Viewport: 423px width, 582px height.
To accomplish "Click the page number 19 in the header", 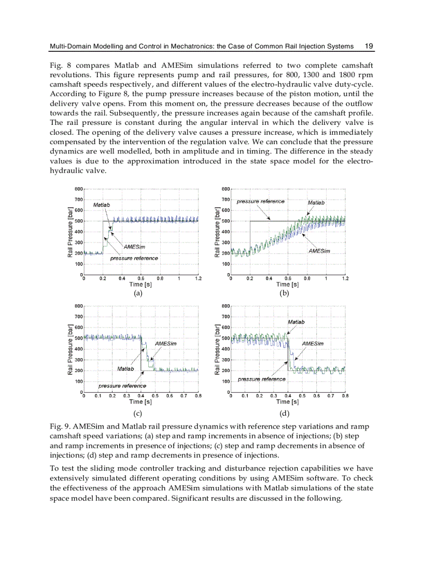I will click(x=369, y=46).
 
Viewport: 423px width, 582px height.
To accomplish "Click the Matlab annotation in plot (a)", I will click(x=101, y=205).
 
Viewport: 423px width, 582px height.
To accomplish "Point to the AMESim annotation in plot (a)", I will click(x=134, y=247).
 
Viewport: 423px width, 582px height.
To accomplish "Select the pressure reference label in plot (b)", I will click(x=261, y=201).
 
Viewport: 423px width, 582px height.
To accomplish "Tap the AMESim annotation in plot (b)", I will click(x=319, y=251).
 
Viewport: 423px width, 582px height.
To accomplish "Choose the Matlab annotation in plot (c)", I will click(x=125, y=368).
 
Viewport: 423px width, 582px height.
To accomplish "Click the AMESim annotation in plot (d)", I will click(x=313, y=344).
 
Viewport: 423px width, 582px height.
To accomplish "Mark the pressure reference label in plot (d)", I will click(x=262, y=379).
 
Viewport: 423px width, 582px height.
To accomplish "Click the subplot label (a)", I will click(x=137, y=293).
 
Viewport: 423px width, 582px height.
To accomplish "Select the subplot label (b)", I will click(x=284, y=293).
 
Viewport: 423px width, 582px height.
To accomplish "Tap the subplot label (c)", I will click(x=137, y=413).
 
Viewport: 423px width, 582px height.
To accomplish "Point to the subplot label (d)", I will click(x=284, y=413).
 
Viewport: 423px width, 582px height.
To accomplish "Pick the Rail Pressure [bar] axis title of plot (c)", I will click(x=69, y=349).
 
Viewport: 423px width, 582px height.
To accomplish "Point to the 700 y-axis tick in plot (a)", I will click(x=78, y=200).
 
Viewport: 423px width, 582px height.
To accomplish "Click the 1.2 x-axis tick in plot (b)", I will click(x=345, y=278).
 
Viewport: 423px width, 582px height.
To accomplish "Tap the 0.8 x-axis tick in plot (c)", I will click(x=198, y=396).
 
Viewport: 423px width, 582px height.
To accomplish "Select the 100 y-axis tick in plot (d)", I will click(x=225, y=381).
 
